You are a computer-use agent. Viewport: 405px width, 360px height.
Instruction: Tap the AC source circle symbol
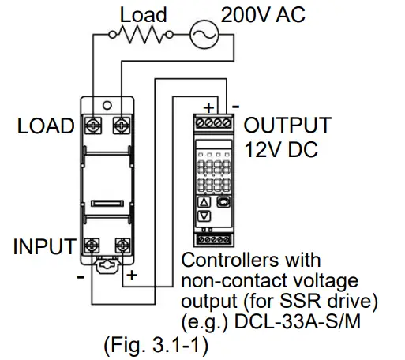click(x=201, y=34)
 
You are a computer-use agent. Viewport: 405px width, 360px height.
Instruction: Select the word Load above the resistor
click(x=143, y=13)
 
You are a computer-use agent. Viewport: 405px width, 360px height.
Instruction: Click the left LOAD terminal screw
click(x=93, y=125)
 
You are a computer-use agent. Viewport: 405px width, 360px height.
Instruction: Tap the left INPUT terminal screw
click(x=93, y=246)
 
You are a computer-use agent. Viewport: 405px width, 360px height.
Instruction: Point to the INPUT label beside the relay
click(x=46, y=246)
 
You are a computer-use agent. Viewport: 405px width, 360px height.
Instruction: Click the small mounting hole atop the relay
click(x=107, y=103)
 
